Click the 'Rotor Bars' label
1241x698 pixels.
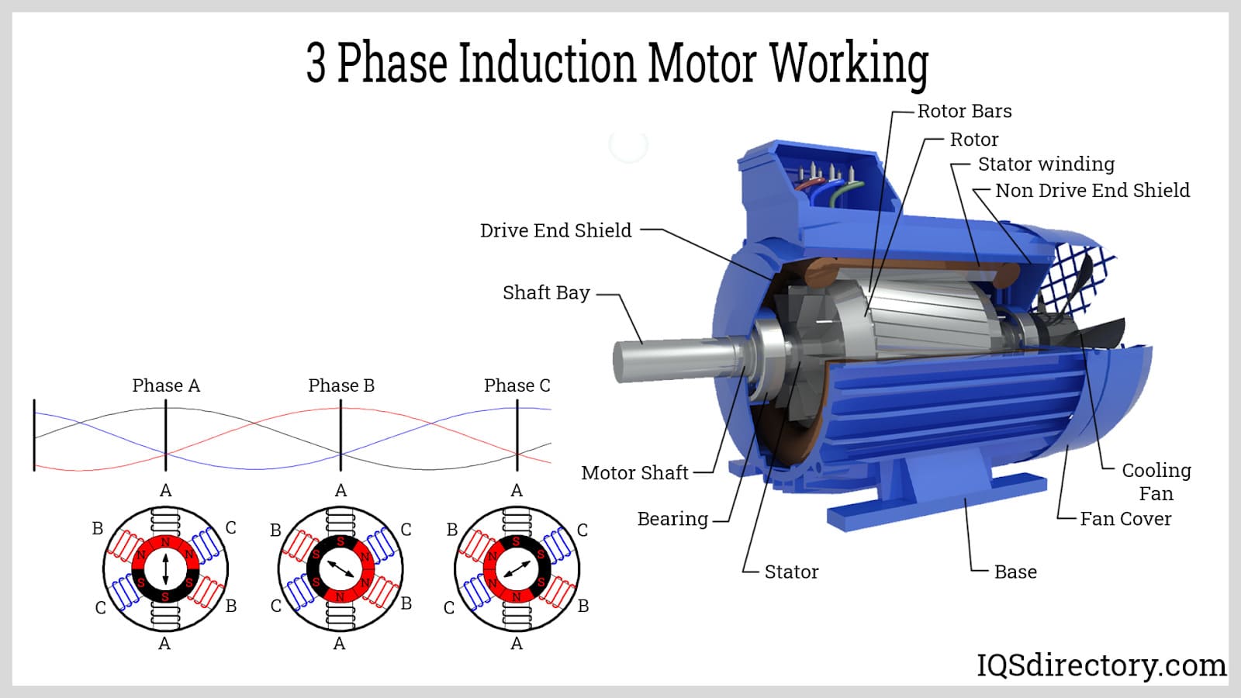click(964, 111)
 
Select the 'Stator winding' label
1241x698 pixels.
click(1046, 164)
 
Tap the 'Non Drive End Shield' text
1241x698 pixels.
click(1092, 190)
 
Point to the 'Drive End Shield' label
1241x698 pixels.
click(555, 230)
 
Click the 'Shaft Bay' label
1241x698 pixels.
click(546, 292)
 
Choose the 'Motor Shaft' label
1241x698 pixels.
click(634, 472)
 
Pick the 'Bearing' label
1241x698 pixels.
click(672, 519)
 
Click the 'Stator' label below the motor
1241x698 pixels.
click(791, 572)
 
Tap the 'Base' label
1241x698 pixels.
click(1015, 572)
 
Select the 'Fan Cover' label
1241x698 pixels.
click(1125, 519)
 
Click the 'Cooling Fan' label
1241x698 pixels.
click(1156, 481)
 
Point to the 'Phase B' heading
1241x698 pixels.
click(341, 385)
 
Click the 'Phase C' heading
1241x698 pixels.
click(517, 385)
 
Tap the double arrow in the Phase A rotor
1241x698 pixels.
click(165, 569)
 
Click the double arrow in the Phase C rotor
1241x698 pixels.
click(517, 569)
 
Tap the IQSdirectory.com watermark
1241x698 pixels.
click(1101, 665)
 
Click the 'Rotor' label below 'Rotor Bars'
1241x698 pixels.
click(974, 140)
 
